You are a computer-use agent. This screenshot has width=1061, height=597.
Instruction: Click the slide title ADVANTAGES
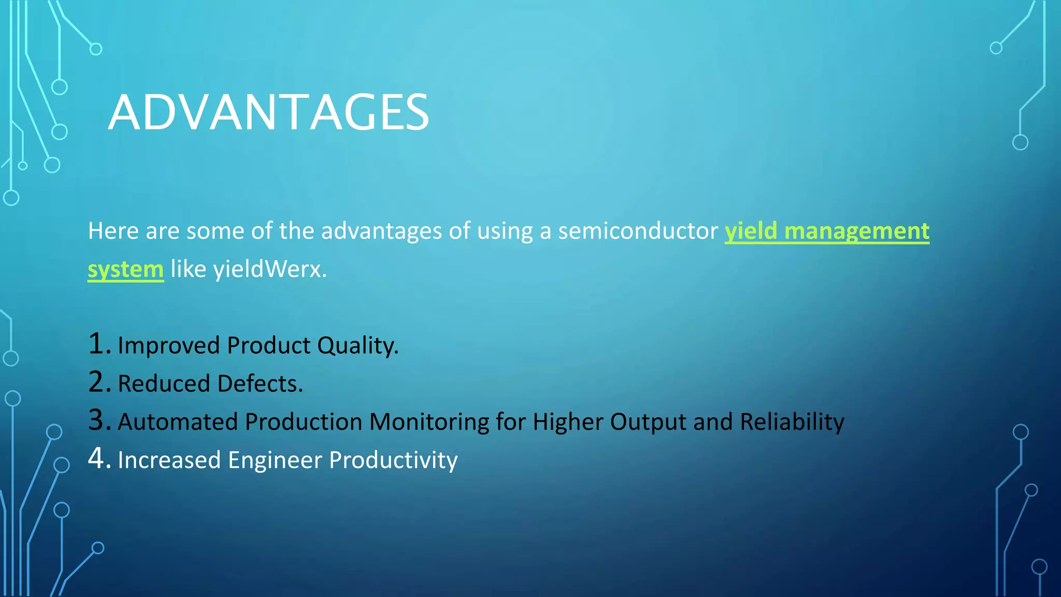(268, 112)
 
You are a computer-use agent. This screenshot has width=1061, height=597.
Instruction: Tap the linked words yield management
(827, 231)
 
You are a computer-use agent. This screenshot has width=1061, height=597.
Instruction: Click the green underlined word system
(125, 269)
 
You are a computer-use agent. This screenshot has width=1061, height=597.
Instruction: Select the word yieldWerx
(269, 269)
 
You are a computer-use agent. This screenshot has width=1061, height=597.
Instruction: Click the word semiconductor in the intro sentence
(638, 231)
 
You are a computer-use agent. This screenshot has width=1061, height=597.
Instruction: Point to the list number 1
(98, 344)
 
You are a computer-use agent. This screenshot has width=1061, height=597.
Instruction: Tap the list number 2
(98, 382)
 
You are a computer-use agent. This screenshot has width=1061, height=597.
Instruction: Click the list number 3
(98, 421)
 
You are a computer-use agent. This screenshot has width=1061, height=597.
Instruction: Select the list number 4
(98, 459)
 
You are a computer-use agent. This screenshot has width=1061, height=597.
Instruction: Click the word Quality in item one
(357, 346)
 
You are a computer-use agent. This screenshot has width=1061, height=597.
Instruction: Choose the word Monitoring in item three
(429, 422)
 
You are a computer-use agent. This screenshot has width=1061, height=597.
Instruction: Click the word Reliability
(792, 422)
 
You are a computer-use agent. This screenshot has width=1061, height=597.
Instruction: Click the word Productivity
(393, 461)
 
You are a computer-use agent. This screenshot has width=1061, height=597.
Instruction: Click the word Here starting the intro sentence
(113, 231)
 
